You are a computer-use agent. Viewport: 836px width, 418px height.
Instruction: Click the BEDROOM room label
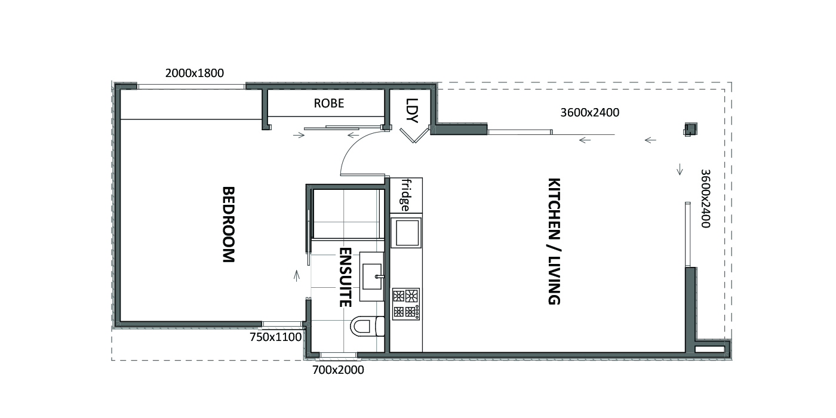[x=228, y=225]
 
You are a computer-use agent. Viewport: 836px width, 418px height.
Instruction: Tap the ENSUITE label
[x=345, y=277]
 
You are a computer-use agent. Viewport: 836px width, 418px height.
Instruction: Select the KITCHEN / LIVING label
[x=554, y=241]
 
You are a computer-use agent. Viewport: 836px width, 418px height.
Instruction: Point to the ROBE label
[x=329, y=103]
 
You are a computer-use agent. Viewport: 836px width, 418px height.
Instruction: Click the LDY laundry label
[x=411, y=110]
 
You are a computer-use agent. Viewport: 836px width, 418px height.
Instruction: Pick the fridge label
[x=405, y=195]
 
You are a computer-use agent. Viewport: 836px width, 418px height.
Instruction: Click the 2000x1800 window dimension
[x=195, y=73]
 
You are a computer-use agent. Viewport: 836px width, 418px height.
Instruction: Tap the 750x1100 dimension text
[x=275, y=337]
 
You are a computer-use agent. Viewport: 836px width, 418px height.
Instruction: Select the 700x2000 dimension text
[x=338, y=370]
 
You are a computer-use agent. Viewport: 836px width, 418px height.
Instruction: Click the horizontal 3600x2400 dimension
[x=590, y=112]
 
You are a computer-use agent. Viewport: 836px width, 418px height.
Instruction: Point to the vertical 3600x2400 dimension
[x=705, y=198]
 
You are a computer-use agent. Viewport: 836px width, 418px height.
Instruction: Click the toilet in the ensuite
[x=367, y=326]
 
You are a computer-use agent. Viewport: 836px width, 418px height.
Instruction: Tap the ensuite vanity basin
[x=372, y=276]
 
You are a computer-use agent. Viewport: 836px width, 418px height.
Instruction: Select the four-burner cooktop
[x=406, y=304]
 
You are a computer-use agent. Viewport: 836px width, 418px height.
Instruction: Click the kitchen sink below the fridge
[x=407, y=233]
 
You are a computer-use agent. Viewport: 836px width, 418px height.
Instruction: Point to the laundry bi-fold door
[x=414, y=136]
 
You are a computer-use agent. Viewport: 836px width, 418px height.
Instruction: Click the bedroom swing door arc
[x=353, y=146]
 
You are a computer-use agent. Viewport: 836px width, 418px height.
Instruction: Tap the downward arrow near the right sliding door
[x=680, y=170]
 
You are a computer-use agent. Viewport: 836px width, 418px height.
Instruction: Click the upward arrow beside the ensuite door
[x=297, y=275]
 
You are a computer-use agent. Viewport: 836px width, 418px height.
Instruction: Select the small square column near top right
[x=690, y=129]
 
